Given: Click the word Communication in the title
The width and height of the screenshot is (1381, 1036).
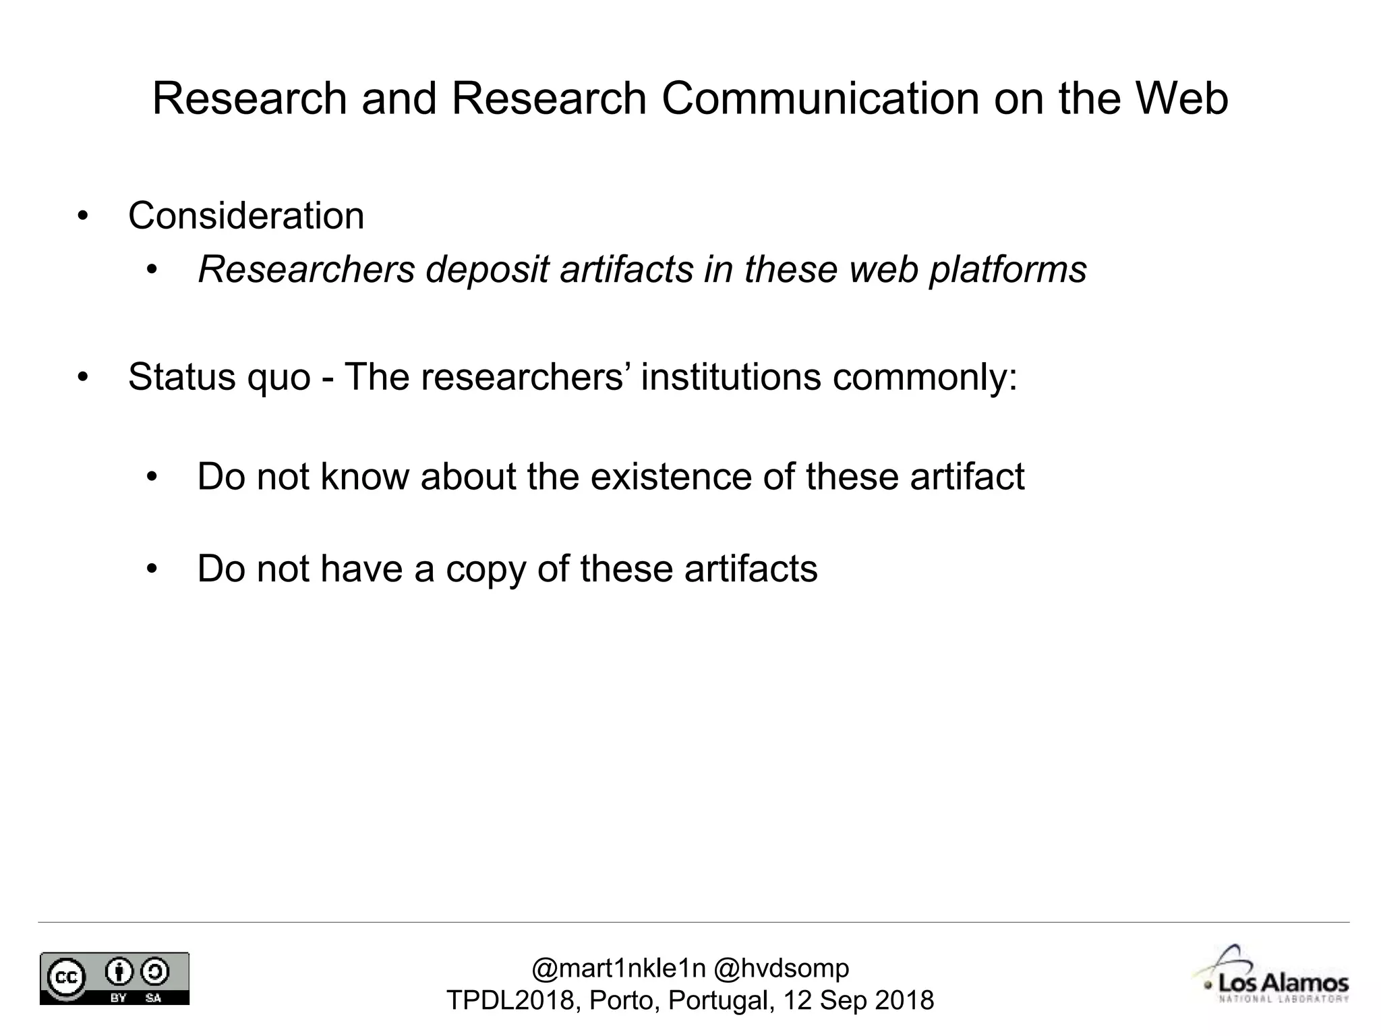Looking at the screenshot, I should pos(819,98).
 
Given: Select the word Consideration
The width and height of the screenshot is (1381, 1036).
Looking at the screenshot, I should pos(246,216).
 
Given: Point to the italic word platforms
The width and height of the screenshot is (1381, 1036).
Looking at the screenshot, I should pos(1008,270).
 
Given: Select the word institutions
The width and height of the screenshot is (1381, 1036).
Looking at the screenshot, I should pos(731,376).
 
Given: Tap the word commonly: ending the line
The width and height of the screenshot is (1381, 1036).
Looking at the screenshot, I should pos(925,376).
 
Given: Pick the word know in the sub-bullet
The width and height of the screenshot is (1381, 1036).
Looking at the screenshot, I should pos(365,476).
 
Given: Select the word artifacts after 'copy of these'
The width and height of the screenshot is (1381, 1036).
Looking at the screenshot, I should pos(751,569).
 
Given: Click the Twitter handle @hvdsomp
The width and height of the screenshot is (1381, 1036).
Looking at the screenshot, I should pos(782,969).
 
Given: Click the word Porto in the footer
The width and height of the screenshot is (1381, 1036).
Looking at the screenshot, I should pos(624,1000).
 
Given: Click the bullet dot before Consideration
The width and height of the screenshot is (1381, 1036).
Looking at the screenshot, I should pos(82,217).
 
